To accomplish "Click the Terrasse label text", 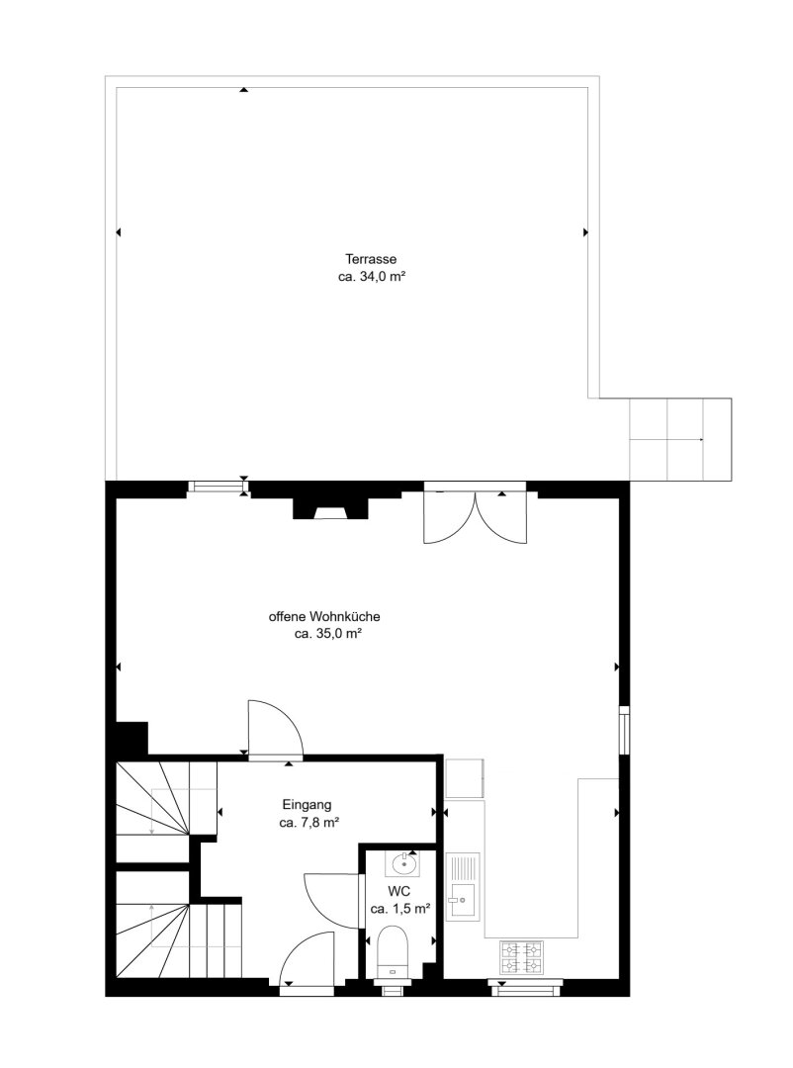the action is (x=371, y=259).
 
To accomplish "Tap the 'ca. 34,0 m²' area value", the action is (x=372, y=277).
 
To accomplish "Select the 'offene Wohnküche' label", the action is (x=324, y=616).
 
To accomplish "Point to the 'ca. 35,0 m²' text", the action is (x=327, y=634).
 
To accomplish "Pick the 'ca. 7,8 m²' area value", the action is (x=309, y=822).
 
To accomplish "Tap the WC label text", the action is (x=398, y=891).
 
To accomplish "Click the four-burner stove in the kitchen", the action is (x=522, y=957).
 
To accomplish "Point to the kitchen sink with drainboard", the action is (x=463, y=886).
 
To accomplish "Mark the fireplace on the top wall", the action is (x=330, y=508).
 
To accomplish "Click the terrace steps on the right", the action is (x=680, y=439).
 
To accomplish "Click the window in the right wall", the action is (x=623, y=730).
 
